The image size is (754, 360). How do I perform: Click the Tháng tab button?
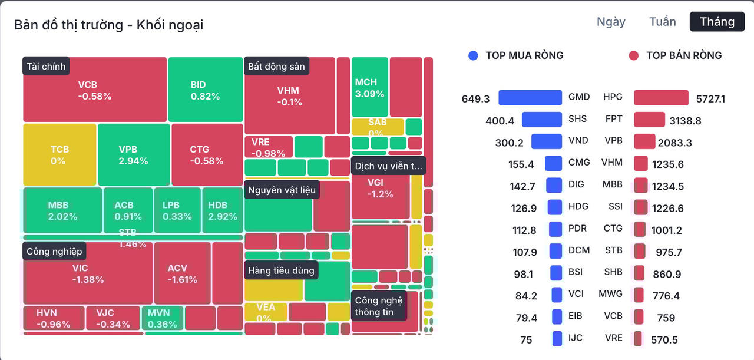pyautogui.click(x=717, y=22)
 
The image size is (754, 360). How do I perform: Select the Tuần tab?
pyautogui.click(x=663, y=22)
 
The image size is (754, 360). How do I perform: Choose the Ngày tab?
pyautogui.click(x=611, y=22)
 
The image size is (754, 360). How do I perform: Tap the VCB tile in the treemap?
pyautogui.click(x=95, y=90)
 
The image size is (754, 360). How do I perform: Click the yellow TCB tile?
pyautogui.click(x=59, y=154)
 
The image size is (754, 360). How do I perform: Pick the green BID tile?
pyautogui.click(x=205, y=90)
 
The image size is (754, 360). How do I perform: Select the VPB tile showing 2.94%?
pyautogui.click(x=133, y=154)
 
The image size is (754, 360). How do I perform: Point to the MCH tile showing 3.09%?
pyautogui.click(x=369, y=87)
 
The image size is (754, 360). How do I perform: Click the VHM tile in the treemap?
pyautogui.click(x=289, y=95)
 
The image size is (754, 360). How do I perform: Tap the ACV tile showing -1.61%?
pyautogui.click(x=181, y=273)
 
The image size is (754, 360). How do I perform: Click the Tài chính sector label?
pyautogui.click(x=46, y=66)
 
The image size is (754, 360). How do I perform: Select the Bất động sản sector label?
pyautogui.click(x=276, y=66)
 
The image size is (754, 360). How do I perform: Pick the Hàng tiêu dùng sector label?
pyautogui.click(x=281, y=270)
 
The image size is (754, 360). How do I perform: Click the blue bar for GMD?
pyautogui.click(x=530, y=98)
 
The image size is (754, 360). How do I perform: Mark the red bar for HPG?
pyautogui.click(x=661, y=98)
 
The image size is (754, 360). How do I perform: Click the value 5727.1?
pyautogui.click(x=710, y=99)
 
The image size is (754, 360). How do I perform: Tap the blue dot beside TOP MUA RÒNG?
pyautogui.click(x=473, y=55)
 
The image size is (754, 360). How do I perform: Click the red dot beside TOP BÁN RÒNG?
pyautogui.click(x=634, y=55)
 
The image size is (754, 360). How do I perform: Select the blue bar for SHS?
pyautogui.click(x=541, y=120)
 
